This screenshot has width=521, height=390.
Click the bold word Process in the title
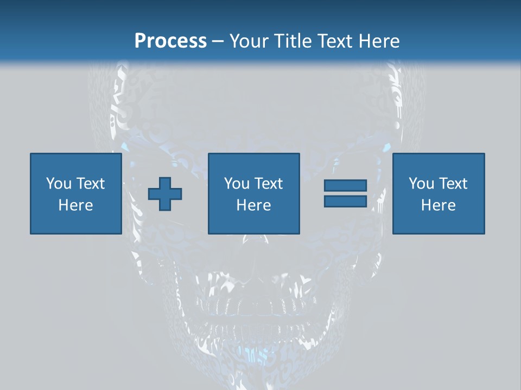coord(170,41)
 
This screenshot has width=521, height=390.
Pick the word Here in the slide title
coord(380,41)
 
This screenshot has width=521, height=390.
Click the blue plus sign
coord(165,194)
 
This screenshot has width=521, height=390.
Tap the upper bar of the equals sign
coord(345,186)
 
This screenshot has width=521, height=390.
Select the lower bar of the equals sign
coord(345,201)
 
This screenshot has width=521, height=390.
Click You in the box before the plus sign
coord(59,184)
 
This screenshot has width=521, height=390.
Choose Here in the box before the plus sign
coord(75,205)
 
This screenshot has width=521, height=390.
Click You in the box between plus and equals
coord(237,184)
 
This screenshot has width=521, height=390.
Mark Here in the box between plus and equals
coord(253,205)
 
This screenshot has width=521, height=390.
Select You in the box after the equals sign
coord(421,184)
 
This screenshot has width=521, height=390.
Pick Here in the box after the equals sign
coord(438,205)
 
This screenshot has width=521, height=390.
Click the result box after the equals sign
coord(439,222)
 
